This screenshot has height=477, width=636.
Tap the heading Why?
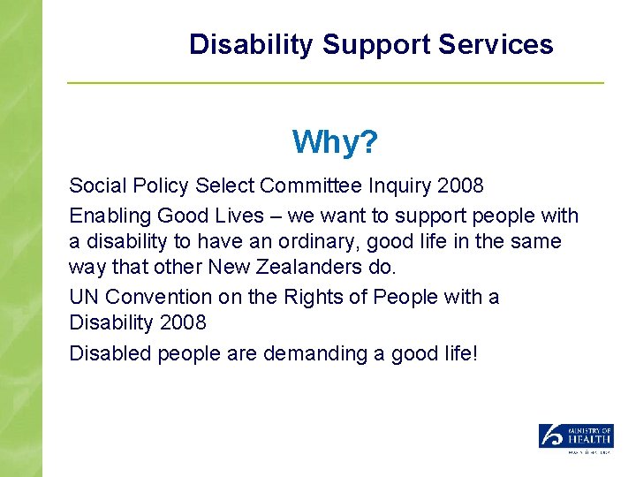tap(335, 141)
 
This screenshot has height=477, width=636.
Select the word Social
tap(95, 186)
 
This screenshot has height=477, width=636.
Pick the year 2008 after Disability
tap(184, 325)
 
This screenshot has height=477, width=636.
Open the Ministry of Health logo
tap(576, 437)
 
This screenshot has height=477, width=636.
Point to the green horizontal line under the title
tap(336, 83)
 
